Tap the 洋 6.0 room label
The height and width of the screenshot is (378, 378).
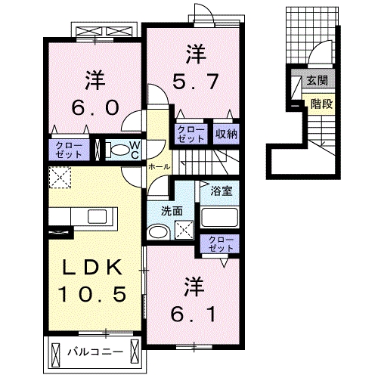pos(95,94)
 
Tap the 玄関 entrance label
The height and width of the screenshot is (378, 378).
pos(318,81)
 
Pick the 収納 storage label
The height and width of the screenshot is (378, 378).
pos(226,133)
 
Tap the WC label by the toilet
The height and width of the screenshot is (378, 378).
pos(133,147)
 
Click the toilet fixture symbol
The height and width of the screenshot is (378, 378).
pos(113,148)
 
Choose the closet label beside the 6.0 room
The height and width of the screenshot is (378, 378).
pos(67,148)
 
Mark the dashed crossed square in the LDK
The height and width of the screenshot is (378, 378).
pos(60,178)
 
